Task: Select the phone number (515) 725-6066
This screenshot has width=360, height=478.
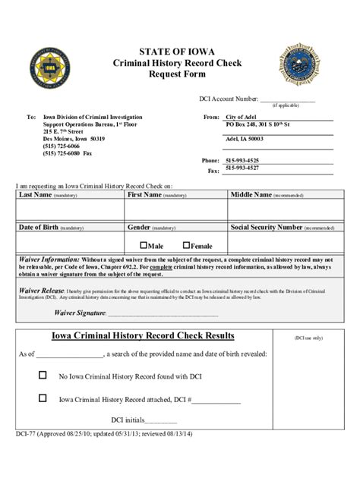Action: click(60, 146)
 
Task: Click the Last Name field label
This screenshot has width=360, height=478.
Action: click(36, 195)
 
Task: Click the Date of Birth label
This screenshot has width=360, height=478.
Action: click(39, 227)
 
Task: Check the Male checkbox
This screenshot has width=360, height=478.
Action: click(144, 245)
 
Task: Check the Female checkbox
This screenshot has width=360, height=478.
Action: click(186, 245)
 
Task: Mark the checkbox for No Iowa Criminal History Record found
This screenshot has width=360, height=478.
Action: click(43, 375)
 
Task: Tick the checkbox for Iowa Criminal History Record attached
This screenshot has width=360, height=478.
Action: click(43, 398)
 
